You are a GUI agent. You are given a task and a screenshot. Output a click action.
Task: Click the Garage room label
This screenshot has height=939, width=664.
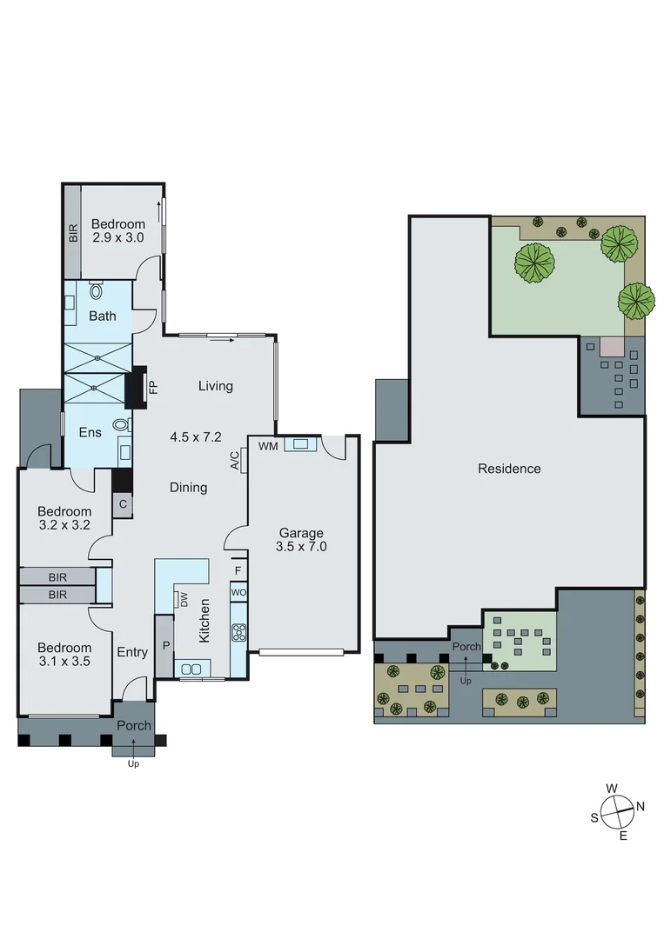[301, 533]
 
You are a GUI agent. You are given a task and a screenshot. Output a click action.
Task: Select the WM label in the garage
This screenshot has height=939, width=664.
[267, 445]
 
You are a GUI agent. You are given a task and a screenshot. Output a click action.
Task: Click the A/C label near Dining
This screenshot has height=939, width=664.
[235, 461]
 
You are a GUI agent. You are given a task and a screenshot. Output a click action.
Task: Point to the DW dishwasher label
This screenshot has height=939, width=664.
[184, 599]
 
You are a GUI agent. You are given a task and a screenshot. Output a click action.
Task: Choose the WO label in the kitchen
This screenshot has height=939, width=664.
[238, 592]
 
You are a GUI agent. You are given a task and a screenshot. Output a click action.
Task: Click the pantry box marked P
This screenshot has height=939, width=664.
[164, 647]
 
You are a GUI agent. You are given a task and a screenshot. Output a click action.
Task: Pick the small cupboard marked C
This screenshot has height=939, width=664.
[123, 503]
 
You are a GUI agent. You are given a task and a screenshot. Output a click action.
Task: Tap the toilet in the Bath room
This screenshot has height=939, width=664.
[95, 290]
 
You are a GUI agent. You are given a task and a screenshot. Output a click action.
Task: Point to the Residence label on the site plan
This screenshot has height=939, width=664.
[509, 469]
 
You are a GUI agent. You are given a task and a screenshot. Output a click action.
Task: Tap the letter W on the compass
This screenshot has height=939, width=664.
[612, 789]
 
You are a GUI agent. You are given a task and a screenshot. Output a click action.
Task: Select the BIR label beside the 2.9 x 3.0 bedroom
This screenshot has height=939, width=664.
[73, 232]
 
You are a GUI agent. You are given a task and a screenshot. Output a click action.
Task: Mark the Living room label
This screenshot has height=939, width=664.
[215, 386]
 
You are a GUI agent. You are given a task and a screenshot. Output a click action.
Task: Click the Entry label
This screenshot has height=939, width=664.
[132, 652]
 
